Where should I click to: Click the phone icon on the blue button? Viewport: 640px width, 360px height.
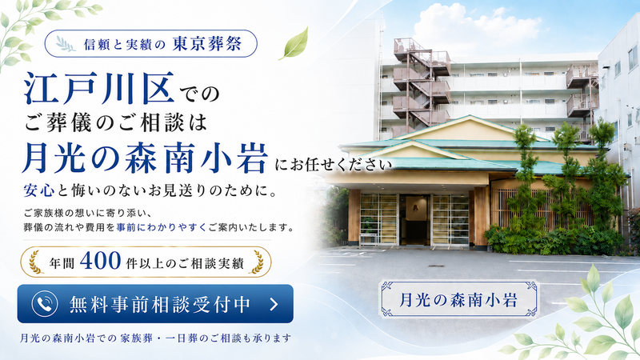coord(45,304)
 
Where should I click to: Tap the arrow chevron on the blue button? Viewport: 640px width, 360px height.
coord(274,304)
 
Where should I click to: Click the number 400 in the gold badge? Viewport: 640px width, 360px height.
coord(101,261)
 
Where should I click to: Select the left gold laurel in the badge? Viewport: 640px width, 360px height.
coord(36,262)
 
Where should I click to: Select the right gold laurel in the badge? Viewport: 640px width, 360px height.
coord(257,262)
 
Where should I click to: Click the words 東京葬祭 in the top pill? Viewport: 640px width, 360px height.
coord(207,44)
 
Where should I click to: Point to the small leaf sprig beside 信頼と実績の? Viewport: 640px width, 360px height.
coord(66,44)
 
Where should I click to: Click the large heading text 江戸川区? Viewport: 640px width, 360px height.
coord(99,88)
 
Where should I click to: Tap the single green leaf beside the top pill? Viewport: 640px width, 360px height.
coord(294,44)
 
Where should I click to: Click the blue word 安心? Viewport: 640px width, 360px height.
coord(38,190)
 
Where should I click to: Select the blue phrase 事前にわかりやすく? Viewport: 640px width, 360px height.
coord(162,227)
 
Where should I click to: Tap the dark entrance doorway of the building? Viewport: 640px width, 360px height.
coord(415,219)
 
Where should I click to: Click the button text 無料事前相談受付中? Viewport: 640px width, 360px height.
coord(160,304)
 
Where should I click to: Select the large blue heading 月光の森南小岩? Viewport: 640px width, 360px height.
coord(146,158)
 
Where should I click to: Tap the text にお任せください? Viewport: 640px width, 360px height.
coord(333,165)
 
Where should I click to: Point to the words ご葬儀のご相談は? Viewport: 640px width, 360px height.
coord(116,123)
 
